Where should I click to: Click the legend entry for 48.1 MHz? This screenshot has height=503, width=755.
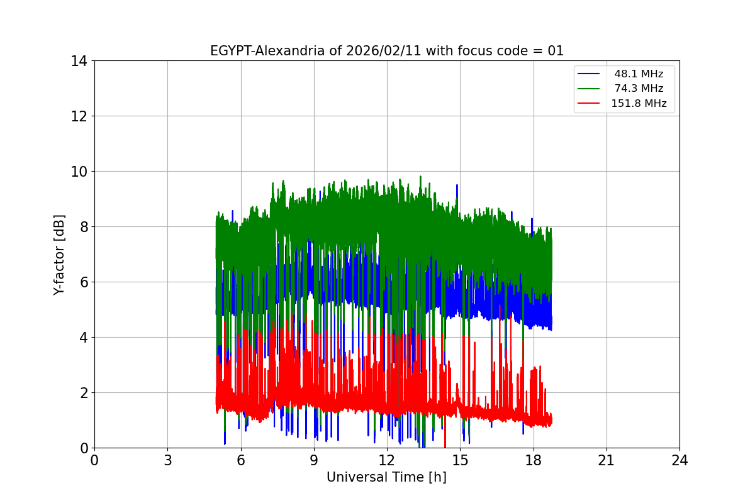tap(639, 74)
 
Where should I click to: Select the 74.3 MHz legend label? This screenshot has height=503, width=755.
tap(639, 89)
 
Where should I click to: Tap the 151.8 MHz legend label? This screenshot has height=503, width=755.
tap(639, 104)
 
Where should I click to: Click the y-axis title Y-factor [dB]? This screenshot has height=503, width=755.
tap(59, 254)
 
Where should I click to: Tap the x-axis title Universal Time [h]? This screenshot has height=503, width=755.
tap(386, 477)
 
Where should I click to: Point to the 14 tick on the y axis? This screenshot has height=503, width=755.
tap(79, 61)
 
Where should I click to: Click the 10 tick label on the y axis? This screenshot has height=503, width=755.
tap(79, 172)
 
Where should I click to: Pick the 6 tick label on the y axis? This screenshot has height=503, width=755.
tap(83, 282)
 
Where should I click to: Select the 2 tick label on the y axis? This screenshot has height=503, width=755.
tap(83, 393)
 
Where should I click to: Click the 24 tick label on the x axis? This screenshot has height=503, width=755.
tap(679, 460)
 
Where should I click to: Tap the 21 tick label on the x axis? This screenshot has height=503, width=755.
tap(607, 460)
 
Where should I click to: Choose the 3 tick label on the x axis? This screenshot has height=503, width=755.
tap(167, 460)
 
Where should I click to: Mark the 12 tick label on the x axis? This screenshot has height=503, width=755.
tap(387, 460)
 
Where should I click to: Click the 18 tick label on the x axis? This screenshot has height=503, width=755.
tap(534, 460)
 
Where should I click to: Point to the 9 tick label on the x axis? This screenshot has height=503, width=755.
tap(314, 460)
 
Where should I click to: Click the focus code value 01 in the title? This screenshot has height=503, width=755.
tap(556, 51)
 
